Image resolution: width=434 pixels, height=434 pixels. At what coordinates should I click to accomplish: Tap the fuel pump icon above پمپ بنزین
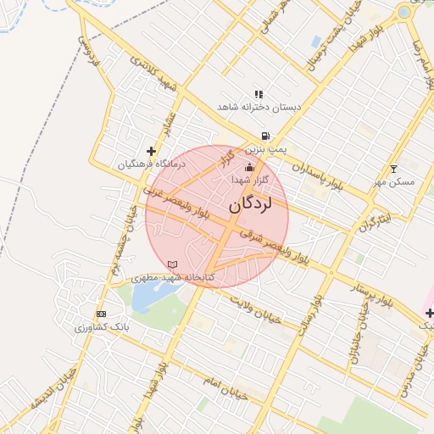point(266,136)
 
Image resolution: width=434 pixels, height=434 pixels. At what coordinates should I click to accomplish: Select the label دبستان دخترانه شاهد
point(259,108)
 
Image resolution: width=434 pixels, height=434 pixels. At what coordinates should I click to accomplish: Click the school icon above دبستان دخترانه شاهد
point(259,94)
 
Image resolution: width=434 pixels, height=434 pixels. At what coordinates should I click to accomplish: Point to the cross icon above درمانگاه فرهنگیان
point(151,151)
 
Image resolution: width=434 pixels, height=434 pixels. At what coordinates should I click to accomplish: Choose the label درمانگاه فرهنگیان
point(150,164)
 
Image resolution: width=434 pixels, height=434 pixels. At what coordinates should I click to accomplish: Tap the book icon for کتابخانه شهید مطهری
point(174,265)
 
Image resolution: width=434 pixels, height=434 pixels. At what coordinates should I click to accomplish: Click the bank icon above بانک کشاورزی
point(102,314)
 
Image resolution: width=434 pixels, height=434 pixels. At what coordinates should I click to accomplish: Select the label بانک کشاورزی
point(99,326)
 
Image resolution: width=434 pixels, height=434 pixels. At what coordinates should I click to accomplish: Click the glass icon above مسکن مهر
point(393,169)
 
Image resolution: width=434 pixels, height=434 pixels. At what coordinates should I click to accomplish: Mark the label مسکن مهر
point(393,181)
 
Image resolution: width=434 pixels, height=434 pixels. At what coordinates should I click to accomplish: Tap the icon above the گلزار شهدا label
point(249,167)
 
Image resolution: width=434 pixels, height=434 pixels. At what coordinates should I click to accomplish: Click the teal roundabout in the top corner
point(404,12)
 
